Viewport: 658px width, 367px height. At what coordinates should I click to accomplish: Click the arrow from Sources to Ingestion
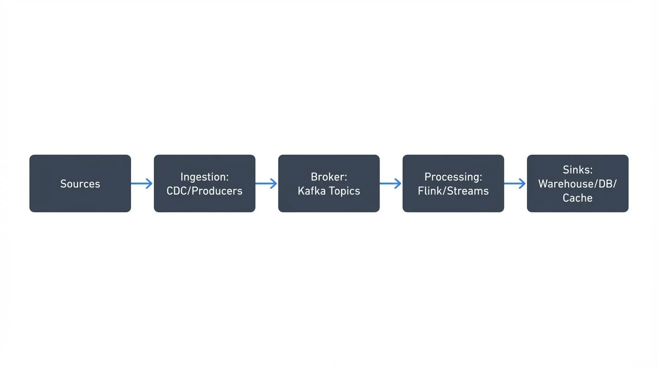(142, 183)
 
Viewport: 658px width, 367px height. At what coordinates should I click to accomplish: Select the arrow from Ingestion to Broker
(266, 183)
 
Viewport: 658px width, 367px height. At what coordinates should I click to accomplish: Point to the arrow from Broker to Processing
(391, 183)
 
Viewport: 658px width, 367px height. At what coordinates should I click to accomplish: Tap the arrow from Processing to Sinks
(515, 183)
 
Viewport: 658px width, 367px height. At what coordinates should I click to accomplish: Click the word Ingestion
(204, 177)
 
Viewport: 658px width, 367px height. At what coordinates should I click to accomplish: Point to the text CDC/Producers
(204, 191)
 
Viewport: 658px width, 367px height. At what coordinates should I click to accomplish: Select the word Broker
(329, 177)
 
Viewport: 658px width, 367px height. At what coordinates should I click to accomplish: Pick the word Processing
(453, 177)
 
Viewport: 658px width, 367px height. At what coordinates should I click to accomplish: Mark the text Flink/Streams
(453, 191)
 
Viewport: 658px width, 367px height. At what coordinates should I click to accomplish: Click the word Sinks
(577, 170)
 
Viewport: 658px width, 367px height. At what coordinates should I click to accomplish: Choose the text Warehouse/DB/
(577, 183)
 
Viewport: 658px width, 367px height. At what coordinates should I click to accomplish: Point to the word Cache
(577, 197)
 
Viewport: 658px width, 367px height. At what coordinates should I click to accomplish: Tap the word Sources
(80, 183)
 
